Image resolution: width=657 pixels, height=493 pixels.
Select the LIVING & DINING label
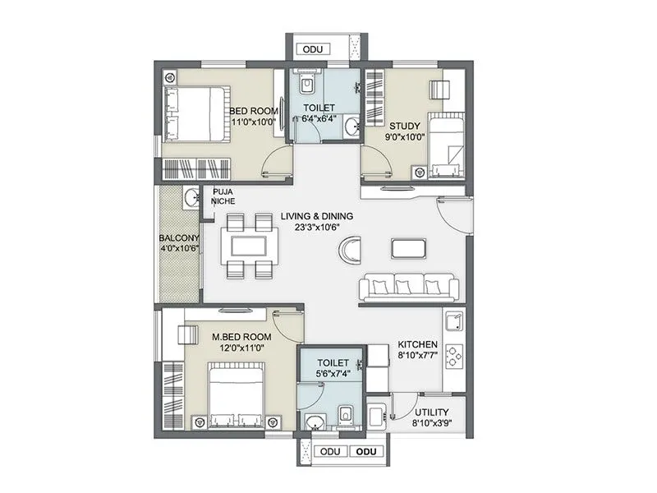tap(316, 222)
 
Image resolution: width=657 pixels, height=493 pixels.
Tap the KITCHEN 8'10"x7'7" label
tap(418, 350)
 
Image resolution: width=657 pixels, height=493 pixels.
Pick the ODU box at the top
tap(313, 50)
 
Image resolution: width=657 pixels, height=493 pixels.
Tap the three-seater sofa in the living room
tap(408, 287)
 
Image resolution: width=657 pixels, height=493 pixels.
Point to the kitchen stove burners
tap(453, 356)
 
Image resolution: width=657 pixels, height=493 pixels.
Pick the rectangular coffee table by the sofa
tap(408, 248)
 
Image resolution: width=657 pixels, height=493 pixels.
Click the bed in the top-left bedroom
tap(195, 113)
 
